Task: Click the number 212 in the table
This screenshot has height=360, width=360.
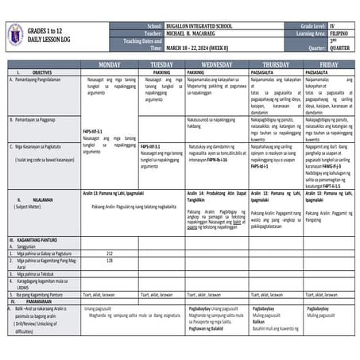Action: (x=110, y=253)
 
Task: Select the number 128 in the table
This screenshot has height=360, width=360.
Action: (x=110, y=260)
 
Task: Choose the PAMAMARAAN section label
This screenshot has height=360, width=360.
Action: (x=39, y=302)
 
